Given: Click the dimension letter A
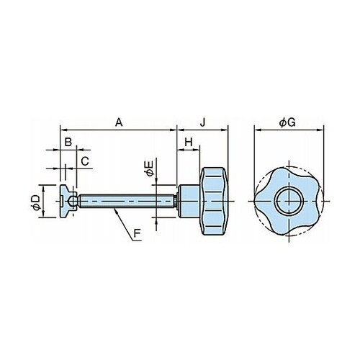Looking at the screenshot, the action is (119, 122).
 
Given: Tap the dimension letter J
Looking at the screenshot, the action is (203, 122).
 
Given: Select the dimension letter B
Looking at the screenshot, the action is (68, 143).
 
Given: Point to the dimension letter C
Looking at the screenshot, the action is (85, 161).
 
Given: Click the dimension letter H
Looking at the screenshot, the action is (189, 143).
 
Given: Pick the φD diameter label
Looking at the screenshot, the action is (36, 203).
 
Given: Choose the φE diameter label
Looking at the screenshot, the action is (149, 168).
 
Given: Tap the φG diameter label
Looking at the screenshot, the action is (287, 122).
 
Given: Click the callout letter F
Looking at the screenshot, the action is (137, 233).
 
